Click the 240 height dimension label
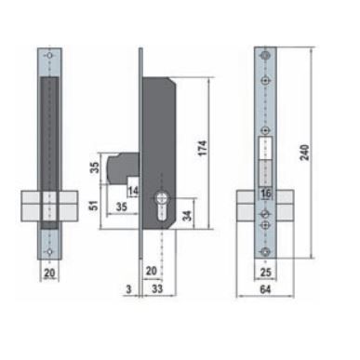point(305,153)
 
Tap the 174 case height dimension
point(202,148)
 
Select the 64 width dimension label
point(265,289)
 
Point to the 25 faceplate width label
point(265,273)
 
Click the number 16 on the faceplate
point(266,193)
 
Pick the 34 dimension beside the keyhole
point(187,216)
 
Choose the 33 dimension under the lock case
point(157,288)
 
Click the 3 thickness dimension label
point(129,289)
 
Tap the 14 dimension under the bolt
point(133,191)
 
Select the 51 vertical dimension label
point(94,206)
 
